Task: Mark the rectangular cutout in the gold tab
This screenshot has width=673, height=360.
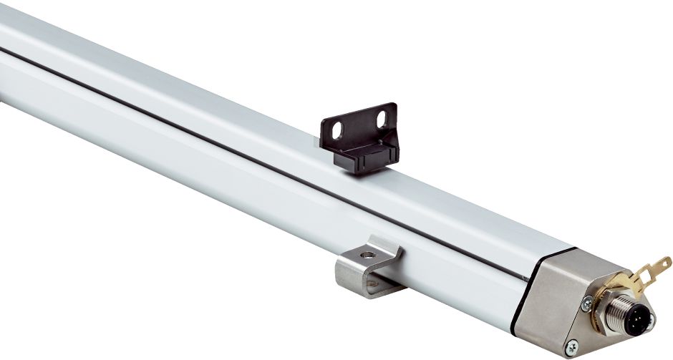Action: click(x=648, y=275)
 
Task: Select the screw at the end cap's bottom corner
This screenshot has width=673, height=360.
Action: click(x=571, y=350)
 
